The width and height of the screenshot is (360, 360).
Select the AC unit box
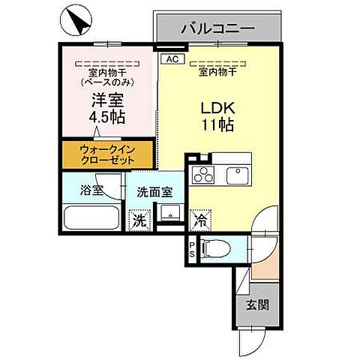170,58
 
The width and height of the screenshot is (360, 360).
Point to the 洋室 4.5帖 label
107,108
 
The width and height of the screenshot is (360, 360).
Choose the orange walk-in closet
106,154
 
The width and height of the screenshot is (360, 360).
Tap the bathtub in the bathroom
91,220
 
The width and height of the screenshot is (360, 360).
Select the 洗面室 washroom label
153,192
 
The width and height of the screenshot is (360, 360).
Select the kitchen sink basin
239,175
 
